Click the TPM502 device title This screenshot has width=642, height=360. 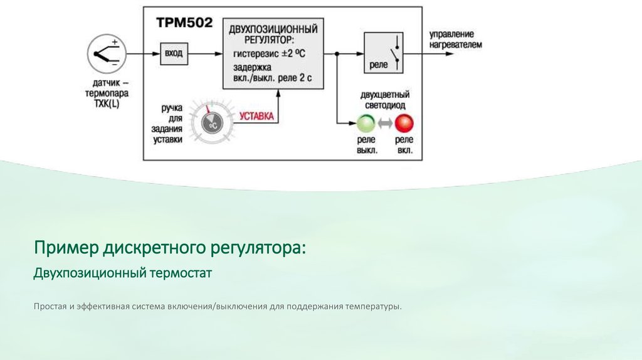tap(184, 23)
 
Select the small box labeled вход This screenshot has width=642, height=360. tap(173, 53)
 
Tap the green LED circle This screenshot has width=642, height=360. tap(366, 123)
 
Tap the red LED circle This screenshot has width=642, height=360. tap(404, 123)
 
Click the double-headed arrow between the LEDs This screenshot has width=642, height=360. tap(385, 124)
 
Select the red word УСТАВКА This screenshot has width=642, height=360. tap(257, 116)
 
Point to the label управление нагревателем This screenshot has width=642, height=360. tap(456, 39)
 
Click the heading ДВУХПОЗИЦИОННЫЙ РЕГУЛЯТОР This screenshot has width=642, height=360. tap(273, 34)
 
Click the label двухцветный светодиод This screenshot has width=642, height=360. tap(383, 100)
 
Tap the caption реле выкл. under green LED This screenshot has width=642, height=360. tap(367, 146)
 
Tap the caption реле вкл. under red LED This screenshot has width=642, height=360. tap(404, 146)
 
